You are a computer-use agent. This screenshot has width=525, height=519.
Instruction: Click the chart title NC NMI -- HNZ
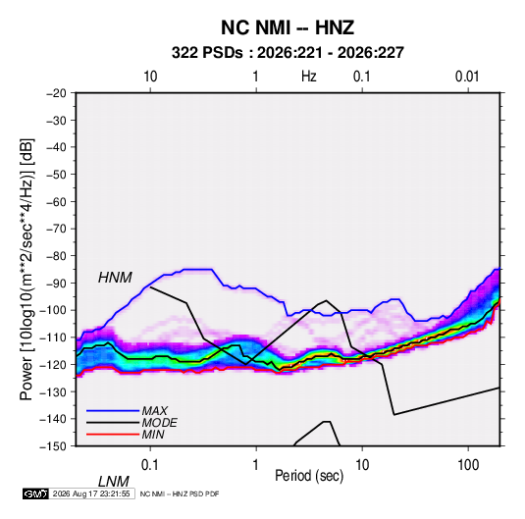pyautogui.click(x=288, y=27)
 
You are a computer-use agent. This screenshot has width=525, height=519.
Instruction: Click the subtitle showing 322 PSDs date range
pyautogui.click(x=288, y=53)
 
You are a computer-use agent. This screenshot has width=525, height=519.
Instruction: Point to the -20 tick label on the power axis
pyautogui.click(x=56, y=93)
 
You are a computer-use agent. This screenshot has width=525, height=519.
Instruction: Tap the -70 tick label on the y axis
pyautogui.click(x=56, y=229)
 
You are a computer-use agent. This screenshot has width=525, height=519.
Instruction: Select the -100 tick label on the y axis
pyautogui.click(x=53, y=310)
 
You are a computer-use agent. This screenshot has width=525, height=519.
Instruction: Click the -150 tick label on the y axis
pyautogui.click(x=53, y=446)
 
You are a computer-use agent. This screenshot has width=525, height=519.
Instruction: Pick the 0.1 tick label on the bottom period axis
pyautogui.click(x=149, y=465)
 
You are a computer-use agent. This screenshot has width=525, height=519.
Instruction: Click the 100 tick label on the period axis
pyautogui.click(x=468, y=465)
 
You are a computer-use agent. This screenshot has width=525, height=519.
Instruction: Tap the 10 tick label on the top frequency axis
pyautogui.click(x=150, y=77)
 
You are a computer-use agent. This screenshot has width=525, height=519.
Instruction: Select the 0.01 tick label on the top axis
pyautogui.click(x=467, y=77)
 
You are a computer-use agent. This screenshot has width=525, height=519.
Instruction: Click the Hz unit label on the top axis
pyautogui.click(x=309, y=77)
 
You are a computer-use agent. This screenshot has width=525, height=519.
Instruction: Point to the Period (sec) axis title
pyautogui.click(x=309, y=476)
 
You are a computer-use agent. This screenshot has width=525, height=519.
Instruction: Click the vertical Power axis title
pyautogui.click(x=26, y=270)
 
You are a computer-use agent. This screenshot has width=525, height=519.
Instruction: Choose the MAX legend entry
pyautogui.click(x=154, y=411)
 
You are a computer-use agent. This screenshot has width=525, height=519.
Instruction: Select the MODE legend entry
pyautogui.click(x=159, y=423)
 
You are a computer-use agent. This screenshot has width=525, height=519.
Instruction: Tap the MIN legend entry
pyautogui.click(x=153, y=435)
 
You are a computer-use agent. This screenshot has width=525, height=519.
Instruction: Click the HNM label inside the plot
pyautogui.click(x=115, y=278)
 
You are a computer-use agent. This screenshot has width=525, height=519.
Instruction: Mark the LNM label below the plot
pyautogui.click(x=114, y=482)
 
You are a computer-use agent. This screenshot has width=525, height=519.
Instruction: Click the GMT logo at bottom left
pyautogui.click(x=36, y=493)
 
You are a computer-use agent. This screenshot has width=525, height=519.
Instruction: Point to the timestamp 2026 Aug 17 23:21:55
pyautogui.click(x=91, y=493)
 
